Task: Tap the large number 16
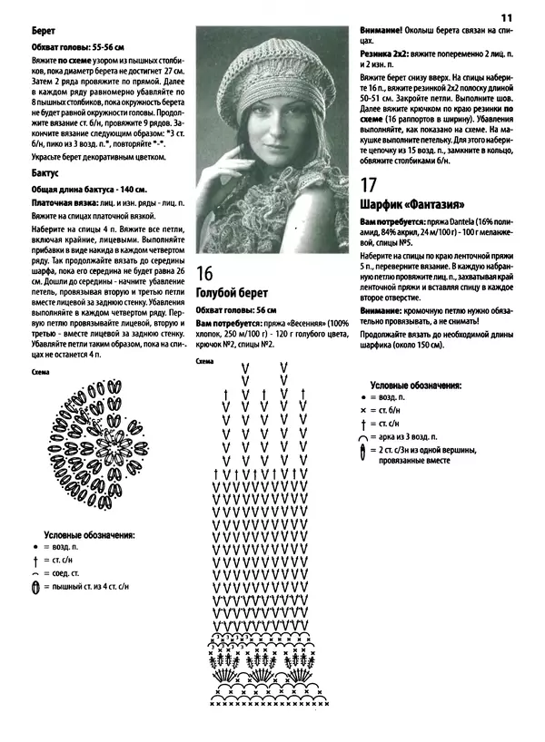pos(205,272)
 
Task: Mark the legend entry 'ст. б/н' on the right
pos(392,411)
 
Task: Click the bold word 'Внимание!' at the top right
pos(382,29)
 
